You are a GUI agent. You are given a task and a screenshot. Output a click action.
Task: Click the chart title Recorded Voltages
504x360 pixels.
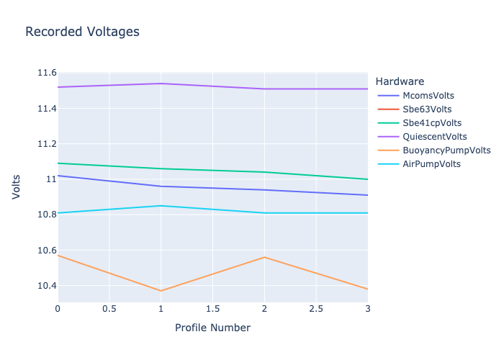[x=82, y=32]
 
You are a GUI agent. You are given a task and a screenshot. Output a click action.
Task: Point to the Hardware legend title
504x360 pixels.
[x=400, y=81]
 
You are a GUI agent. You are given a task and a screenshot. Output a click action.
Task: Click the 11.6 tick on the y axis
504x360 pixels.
[x=47, y=73]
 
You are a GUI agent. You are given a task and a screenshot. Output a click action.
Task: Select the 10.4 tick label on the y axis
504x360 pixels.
[x=47, y=285]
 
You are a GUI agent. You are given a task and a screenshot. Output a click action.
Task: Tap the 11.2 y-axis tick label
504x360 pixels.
[x=47, y=144]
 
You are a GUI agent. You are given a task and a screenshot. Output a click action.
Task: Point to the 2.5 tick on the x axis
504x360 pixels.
[x=316, y=309]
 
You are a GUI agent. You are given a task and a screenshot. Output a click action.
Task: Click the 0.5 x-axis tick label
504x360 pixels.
[x=109, y=309]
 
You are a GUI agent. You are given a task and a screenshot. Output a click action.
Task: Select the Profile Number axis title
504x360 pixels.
[x=212, y=328]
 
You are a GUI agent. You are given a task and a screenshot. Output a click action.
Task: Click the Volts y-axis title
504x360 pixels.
[x=16, y=186]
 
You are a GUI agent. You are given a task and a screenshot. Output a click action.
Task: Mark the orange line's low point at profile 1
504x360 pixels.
[x=161, y=291]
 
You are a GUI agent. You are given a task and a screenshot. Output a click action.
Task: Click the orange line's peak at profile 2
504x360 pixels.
[x=264, y=257]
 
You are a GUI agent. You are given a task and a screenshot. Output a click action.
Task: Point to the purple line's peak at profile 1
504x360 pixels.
[x=161, y=84]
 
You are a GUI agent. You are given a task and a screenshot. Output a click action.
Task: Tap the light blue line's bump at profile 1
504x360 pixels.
[x=161, y=206]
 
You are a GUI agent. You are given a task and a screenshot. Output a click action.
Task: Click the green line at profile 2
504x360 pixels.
[x=264, y=172]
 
